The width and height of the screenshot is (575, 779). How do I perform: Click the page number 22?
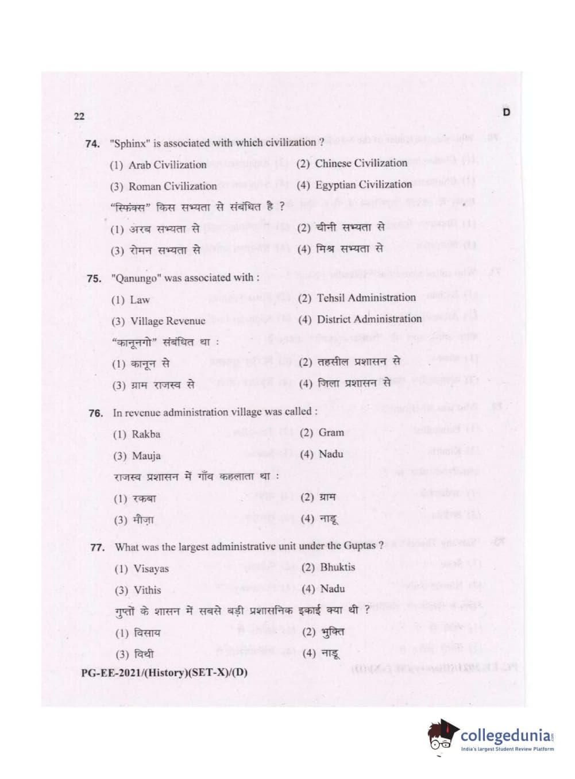[79, 116]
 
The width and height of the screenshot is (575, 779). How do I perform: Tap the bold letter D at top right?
[506, 112]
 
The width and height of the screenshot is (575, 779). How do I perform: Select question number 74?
[92, 144]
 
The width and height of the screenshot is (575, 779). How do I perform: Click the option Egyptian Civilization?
[363, 184]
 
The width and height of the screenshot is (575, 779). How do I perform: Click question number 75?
[94, 279]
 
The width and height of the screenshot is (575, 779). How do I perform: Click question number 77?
[98, 547]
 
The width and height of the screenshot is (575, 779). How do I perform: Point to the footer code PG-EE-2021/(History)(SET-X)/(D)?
[164, 672]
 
